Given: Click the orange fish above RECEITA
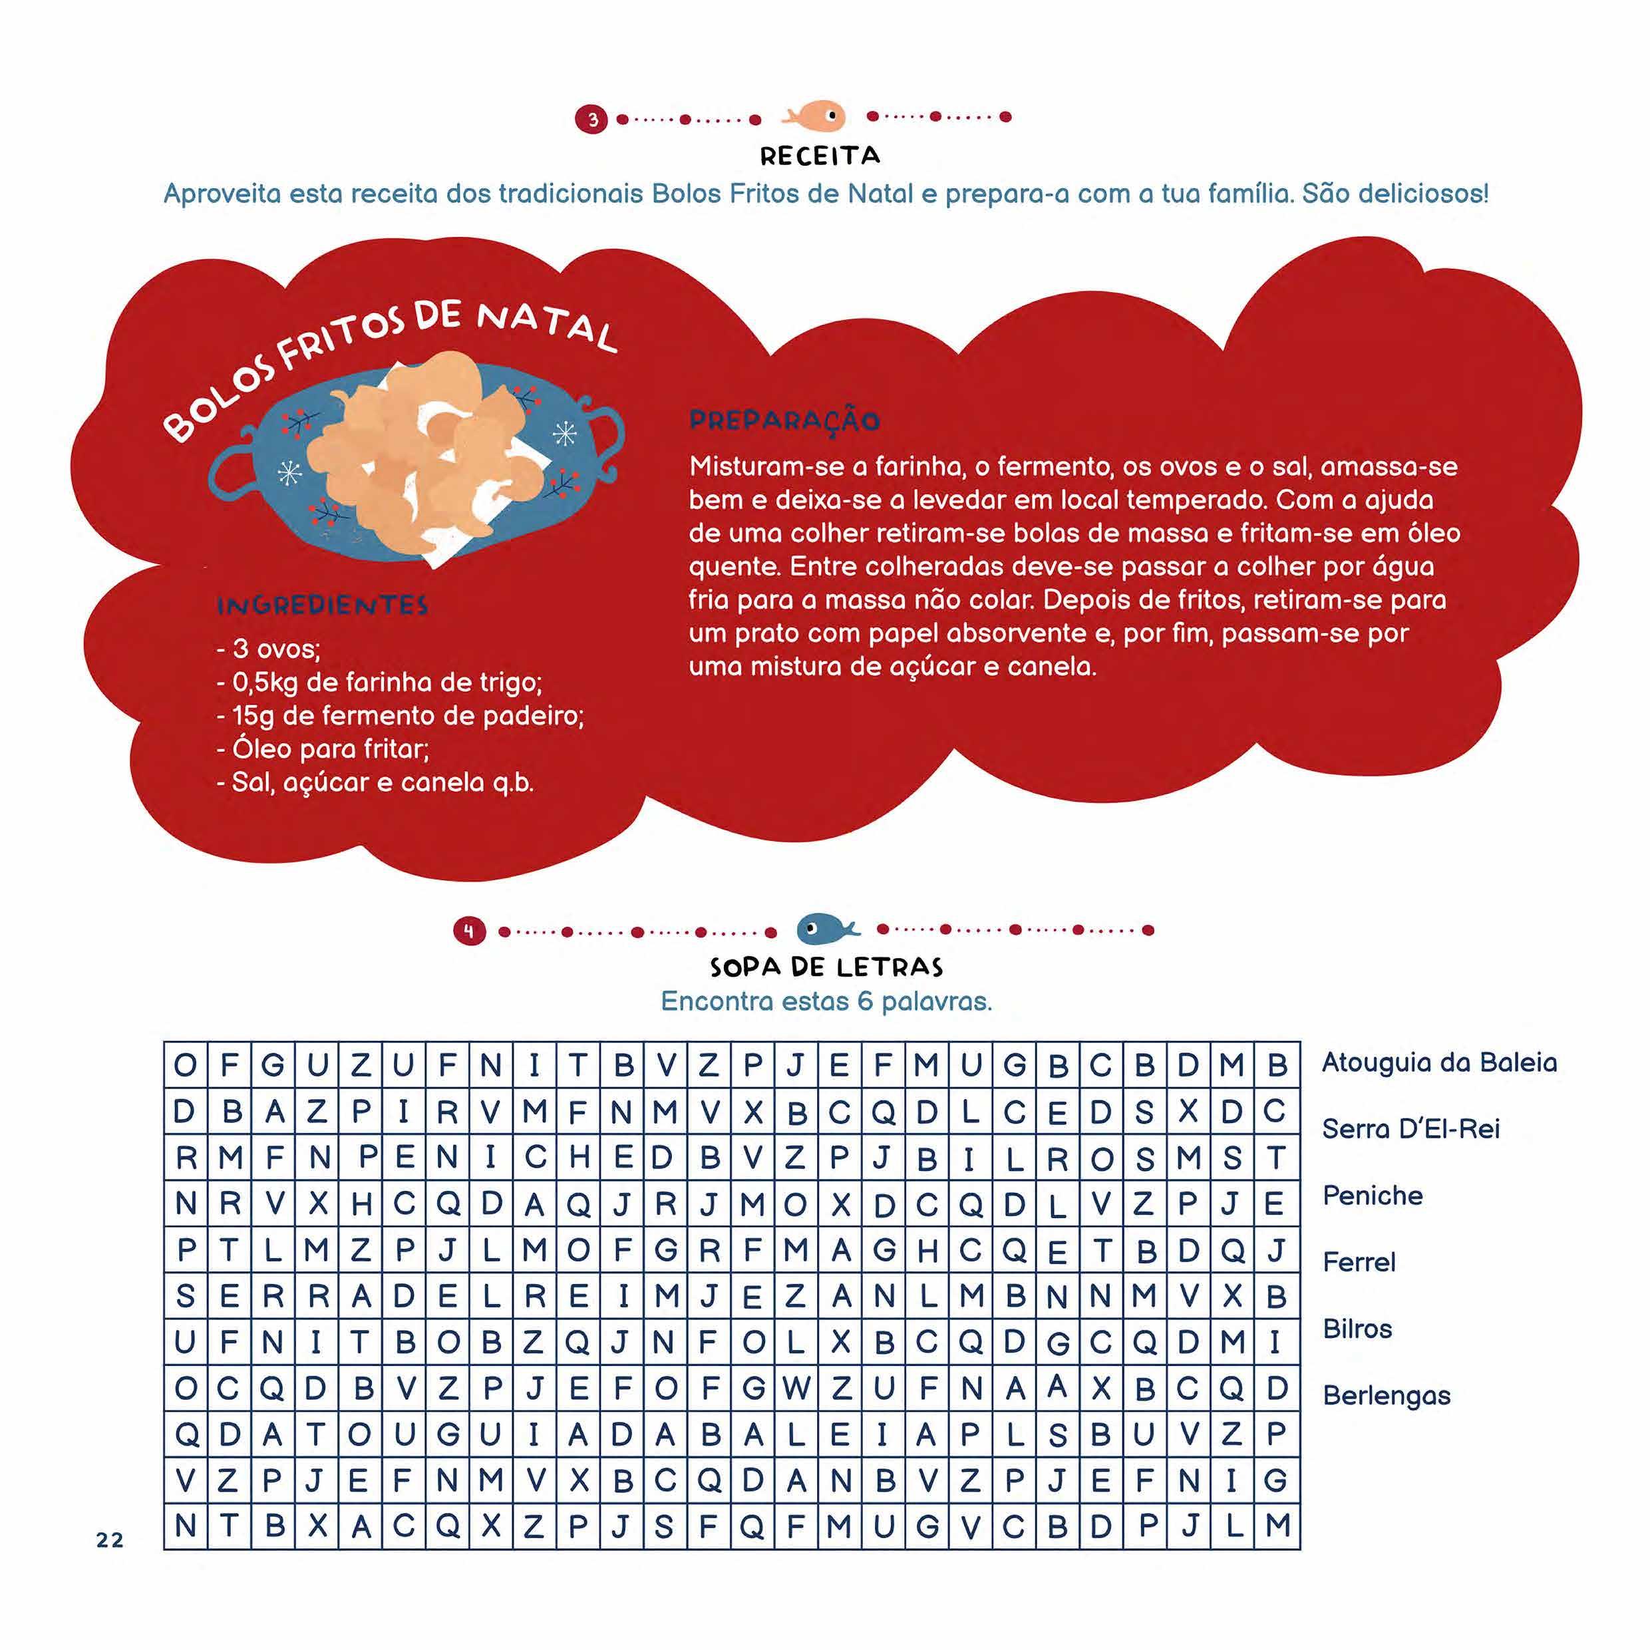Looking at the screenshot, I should coord(816,116).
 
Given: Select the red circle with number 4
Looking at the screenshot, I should coord(469,931).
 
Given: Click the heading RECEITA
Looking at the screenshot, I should coord(820,156).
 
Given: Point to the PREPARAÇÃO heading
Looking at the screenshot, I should coord(784,420).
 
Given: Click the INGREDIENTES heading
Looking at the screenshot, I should coord(322,605).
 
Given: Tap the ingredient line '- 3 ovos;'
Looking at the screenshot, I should coord(268,649).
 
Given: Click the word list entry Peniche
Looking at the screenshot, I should coord(1373,1196).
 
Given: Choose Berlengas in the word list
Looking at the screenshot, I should coord(1386,1395).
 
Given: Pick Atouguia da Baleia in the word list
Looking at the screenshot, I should coord(1439,1063).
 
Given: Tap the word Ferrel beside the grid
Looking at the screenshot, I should coord(1359,1262).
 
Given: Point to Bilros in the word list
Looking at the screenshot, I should coord(1357,1329).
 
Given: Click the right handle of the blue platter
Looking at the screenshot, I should coord(608,440).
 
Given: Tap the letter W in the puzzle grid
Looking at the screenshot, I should coord(796,1389).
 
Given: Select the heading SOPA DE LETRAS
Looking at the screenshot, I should coord(826,967).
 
